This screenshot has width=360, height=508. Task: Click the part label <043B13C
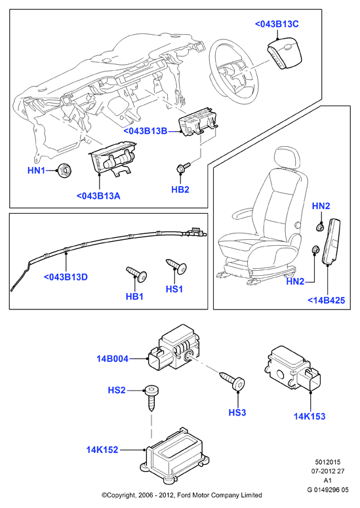click(277, 24)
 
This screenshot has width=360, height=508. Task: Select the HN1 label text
click(36, 170)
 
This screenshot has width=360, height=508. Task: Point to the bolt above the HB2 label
click(183, 168)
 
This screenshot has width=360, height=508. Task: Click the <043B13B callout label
click(146, 131)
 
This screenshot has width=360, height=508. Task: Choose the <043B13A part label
click(98, 196)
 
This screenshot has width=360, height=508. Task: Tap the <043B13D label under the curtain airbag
click(66, 277)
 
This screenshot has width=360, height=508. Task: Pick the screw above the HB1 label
click(136, 274)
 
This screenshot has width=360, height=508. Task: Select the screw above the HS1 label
click(176, 266)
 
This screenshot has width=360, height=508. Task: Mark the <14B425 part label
click(327, 300)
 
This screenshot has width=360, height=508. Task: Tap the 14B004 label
click(112, 359)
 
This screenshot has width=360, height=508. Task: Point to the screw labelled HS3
click(232, 381)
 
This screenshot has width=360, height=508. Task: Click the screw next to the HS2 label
click(151, 398)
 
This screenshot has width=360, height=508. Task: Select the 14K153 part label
click(310, 417)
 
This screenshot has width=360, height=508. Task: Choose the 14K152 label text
click(102, 450)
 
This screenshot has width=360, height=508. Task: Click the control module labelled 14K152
click(174, 456)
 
